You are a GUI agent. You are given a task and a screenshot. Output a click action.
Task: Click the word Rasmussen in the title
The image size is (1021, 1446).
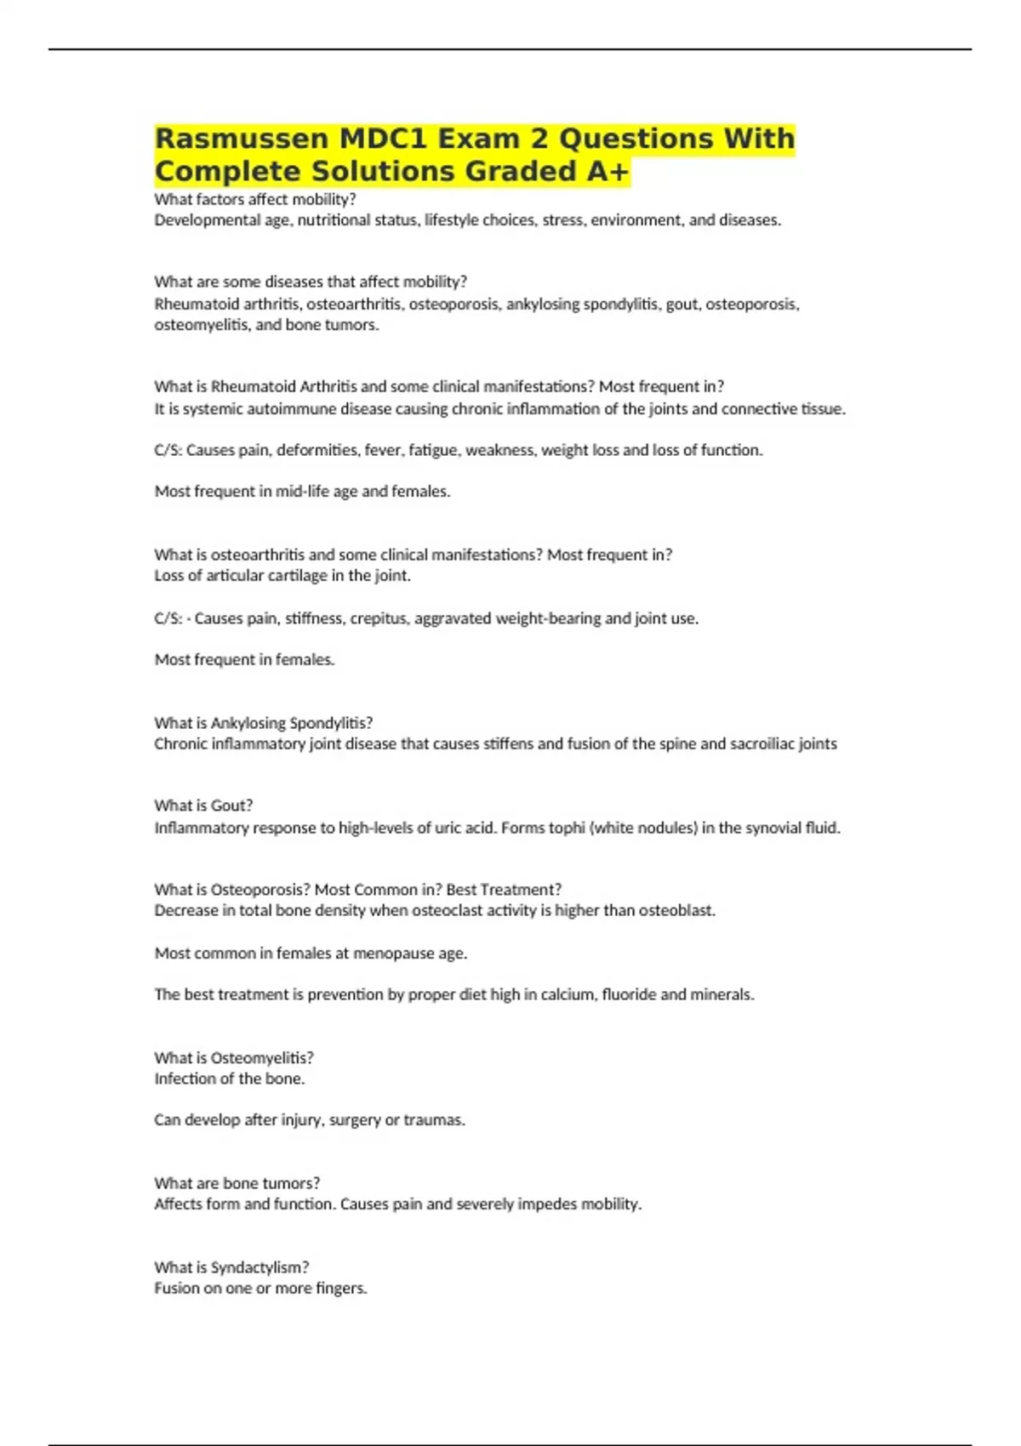(241, 139)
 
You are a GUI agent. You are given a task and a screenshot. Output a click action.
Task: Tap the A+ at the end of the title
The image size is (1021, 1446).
(608, 172)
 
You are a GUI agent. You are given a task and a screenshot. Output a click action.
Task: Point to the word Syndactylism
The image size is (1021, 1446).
(259, 1267)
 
